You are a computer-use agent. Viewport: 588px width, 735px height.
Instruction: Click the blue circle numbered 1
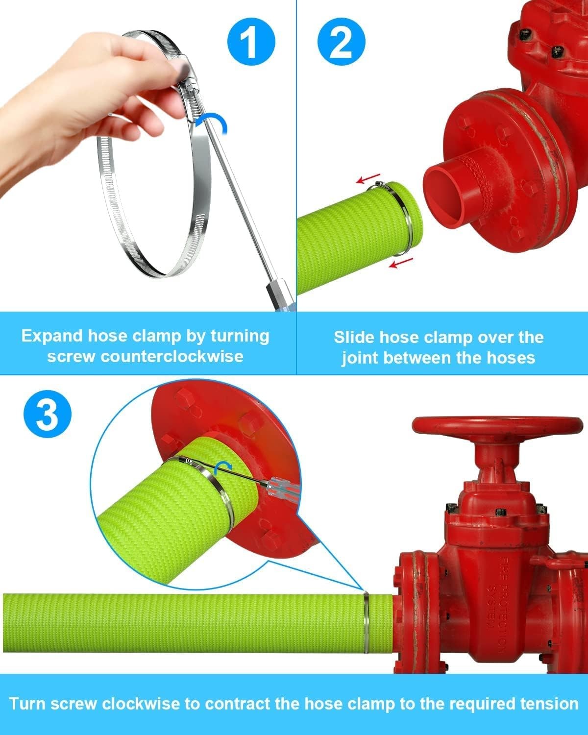251,42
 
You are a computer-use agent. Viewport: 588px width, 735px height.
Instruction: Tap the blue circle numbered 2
342,42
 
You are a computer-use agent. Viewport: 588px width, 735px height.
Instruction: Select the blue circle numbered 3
48,414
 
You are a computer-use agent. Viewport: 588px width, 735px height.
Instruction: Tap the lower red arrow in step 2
401,263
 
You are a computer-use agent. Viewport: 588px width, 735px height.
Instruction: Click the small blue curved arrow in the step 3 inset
224,466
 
